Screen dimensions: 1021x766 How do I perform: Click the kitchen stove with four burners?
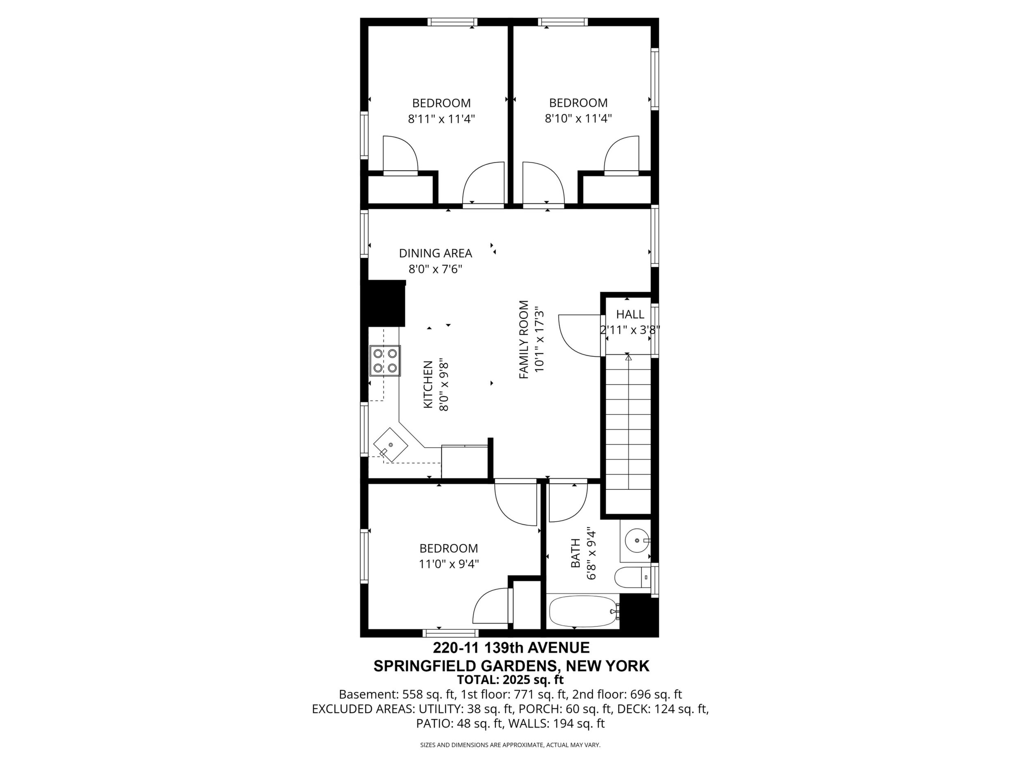click(385, 360)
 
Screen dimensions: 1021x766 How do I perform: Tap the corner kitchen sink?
click(391, 445)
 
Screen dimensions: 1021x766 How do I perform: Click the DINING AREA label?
click(435, 253)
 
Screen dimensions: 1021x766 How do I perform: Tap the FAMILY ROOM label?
click(524, 340)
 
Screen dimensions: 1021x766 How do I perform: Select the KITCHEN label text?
click(428, 385)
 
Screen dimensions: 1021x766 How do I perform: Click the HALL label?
click(630, 314)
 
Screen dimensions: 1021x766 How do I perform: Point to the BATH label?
click(576, 553)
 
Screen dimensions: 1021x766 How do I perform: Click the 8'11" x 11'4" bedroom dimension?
click(441, 119)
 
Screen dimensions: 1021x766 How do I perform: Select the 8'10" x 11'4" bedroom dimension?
click(578, 119)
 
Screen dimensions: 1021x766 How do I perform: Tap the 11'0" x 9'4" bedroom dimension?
click(449, 564)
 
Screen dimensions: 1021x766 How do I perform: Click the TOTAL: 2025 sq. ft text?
click(510, 680)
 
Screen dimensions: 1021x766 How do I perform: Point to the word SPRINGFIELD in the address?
click(425, 666)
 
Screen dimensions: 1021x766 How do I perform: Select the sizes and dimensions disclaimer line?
click(510, 745)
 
